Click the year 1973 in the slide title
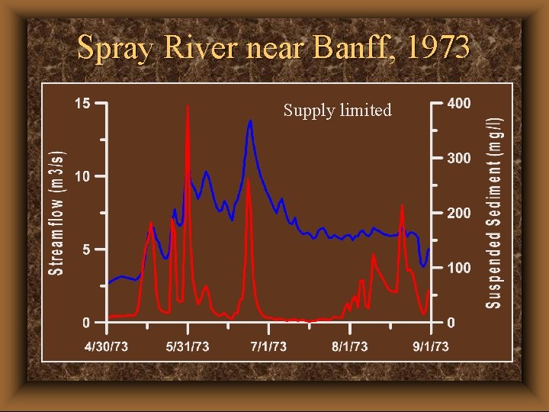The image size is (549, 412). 438,47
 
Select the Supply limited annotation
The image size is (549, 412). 337,111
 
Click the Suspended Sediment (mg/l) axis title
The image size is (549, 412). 495,206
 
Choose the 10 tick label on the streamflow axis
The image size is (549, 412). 82,176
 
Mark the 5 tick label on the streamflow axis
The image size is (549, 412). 87,249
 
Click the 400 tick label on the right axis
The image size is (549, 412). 458,103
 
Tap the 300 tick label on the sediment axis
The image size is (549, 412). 458,159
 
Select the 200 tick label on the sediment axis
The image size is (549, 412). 458,214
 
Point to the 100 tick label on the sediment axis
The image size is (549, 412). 458,269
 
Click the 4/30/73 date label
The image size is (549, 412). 106,346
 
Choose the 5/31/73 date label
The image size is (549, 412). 188,346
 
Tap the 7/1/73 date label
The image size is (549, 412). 268,346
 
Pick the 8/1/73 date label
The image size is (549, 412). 349,346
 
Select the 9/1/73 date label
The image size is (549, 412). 431,346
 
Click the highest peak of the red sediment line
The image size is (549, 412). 188,106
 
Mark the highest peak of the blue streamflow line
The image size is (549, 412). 250,121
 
